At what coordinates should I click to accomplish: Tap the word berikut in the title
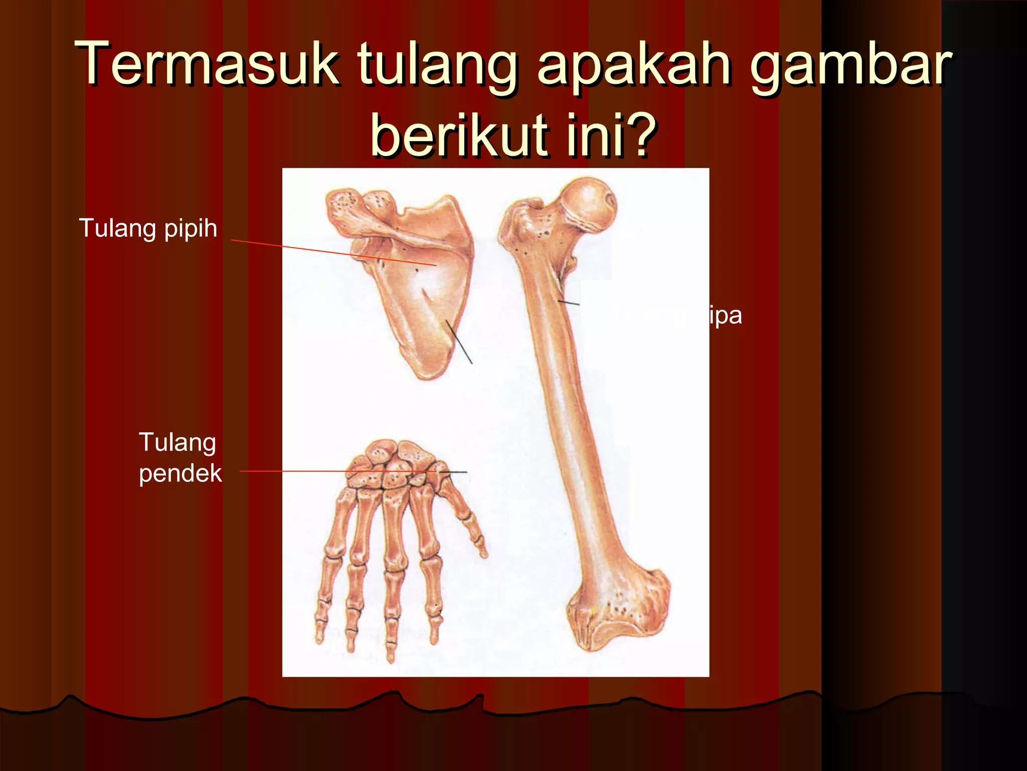click(x=458, y=134)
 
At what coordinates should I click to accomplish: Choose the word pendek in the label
click(x=180, y=473)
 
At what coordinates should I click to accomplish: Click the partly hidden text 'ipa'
click(x=725, y=316)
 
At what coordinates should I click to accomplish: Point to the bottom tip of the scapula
click(x=429, y=374)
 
